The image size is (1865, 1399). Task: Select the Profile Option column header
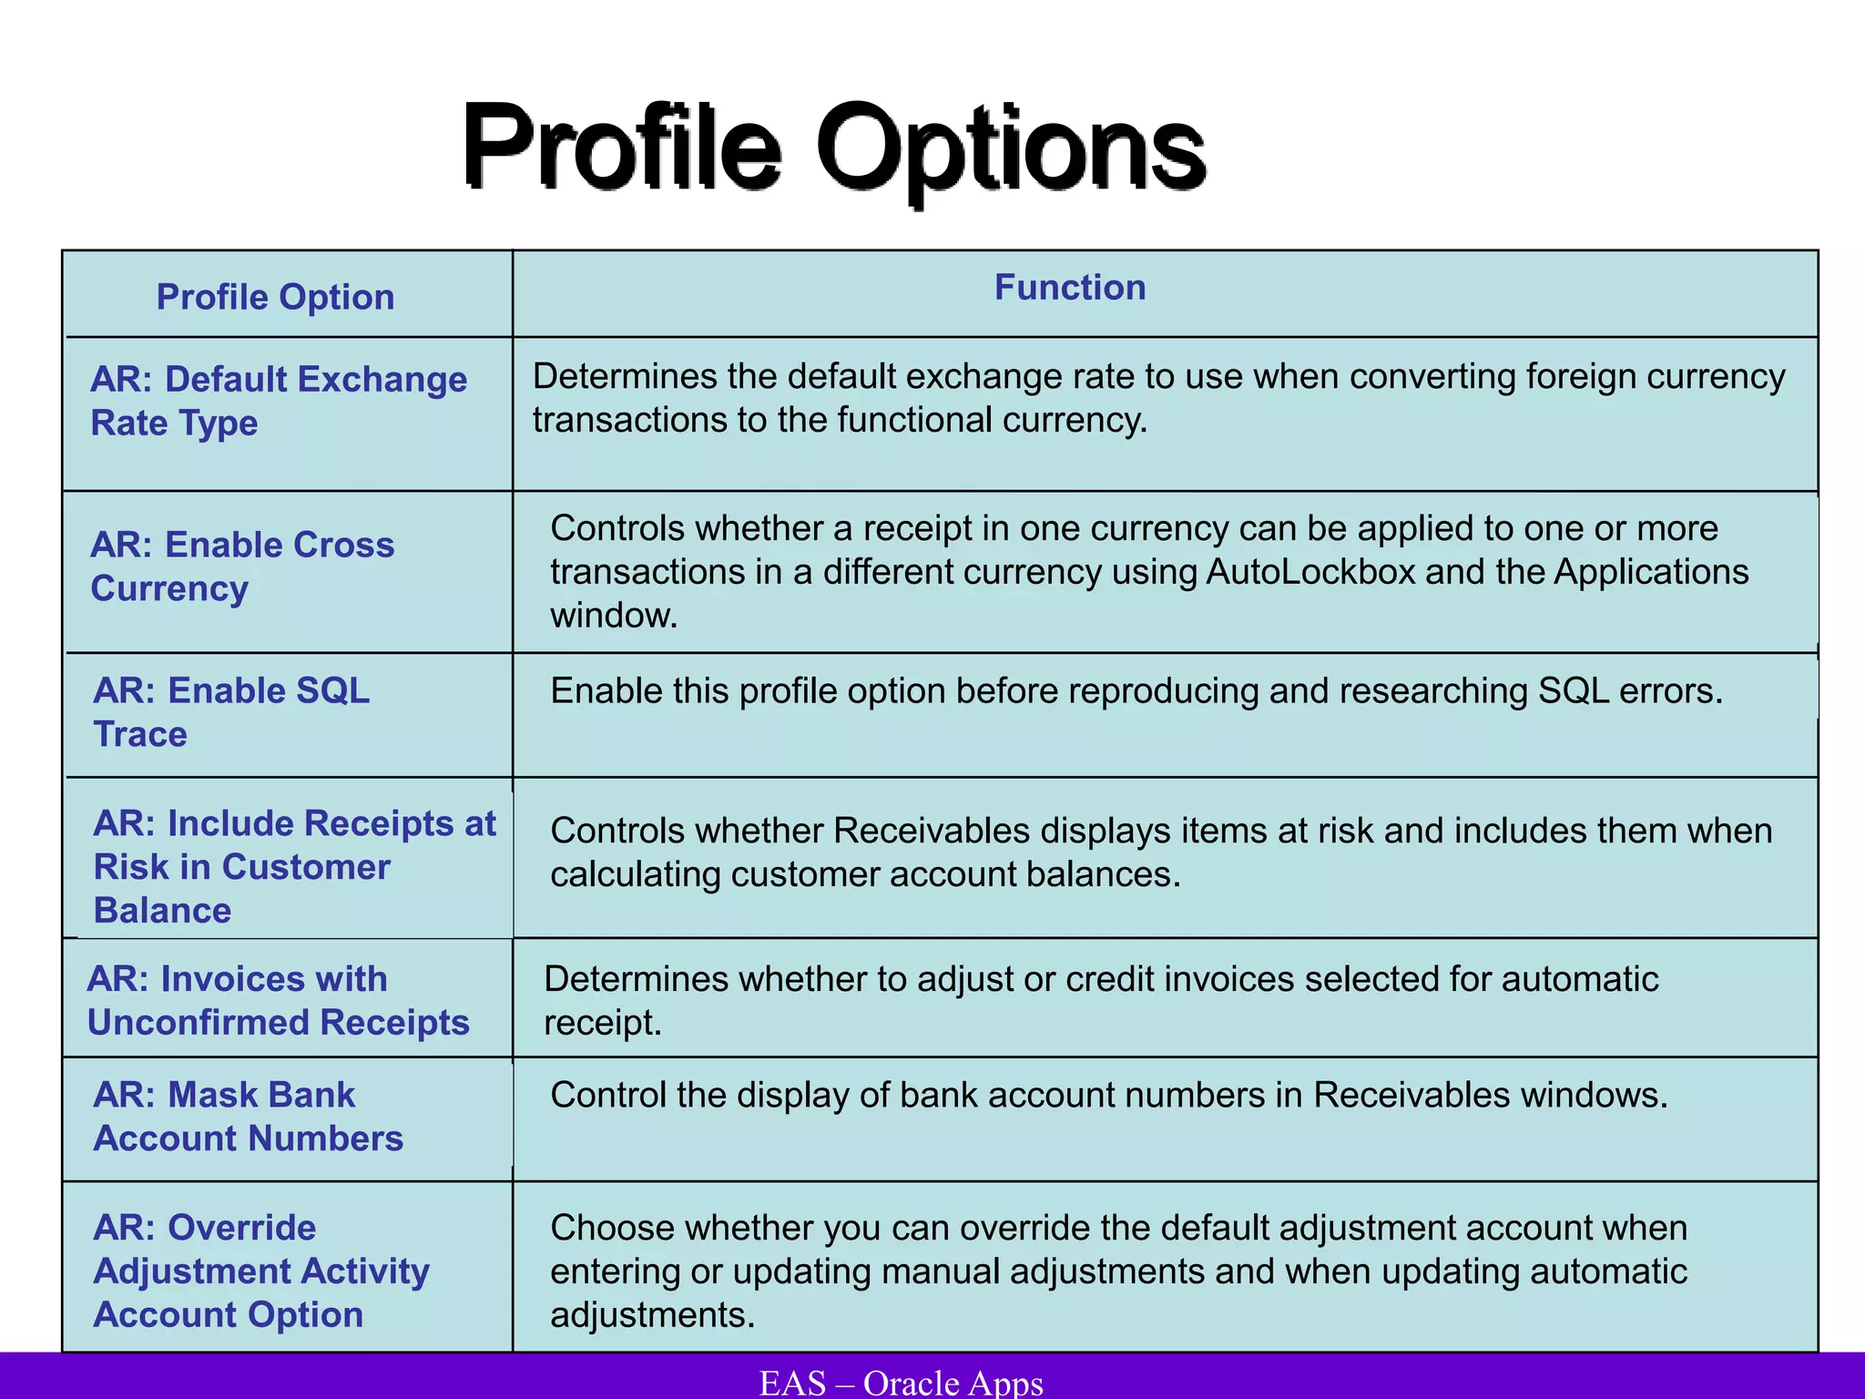click(x=275, y=297)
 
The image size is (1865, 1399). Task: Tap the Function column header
click(x=1069, y=287)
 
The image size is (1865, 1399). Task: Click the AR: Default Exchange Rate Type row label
click(x=278, y=401)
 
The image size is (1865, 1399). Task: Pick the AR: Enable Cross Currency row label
click(x=242, y=567)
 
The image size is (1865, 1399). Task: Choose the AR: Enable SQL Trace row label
click(x=231, y=712)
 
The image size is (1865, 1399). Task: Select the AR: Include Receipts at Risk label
click(x=294, y=866)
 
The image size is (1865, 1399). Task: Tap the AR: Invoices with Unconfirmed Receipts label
click(x=278, y=1000)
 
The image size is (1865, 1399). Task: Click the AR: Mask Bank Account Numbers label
click(x=248, y=1116)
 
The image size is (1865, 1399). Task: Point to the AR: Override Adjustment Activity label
click(x=261, y=1271)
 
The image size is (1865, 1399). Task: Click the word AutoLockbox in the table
click(x=1310, y=572)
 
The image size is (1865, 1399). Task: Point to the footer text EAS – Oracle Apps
click(x=901, y=1383)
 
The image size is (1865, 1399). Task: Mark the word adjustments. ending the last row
click(x=652, y=1315)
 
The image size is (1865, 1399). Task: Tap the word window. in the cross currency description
click(x=614, y=616)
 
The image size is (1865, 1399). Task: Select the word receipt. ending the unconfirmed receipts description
click(x=602, y=1023)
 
